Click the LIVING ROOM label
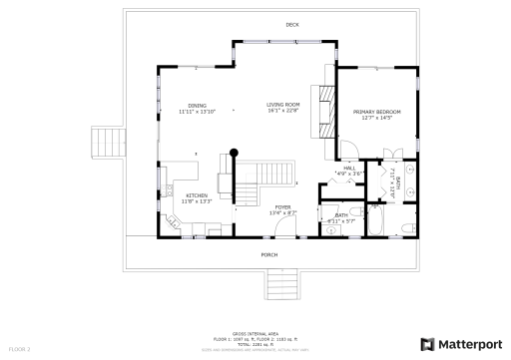pos(282,105)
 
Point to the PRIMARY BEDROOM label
pos(376,112)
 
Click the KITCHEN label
pos(196,194)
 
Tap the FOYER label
pos(282,206)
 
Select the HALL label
pos(349,169)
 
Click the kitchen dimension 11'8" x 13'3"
pos(196,200)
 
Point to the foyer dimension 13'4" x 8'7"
pos(282,212)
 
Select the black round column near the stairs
pos(235,153)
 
